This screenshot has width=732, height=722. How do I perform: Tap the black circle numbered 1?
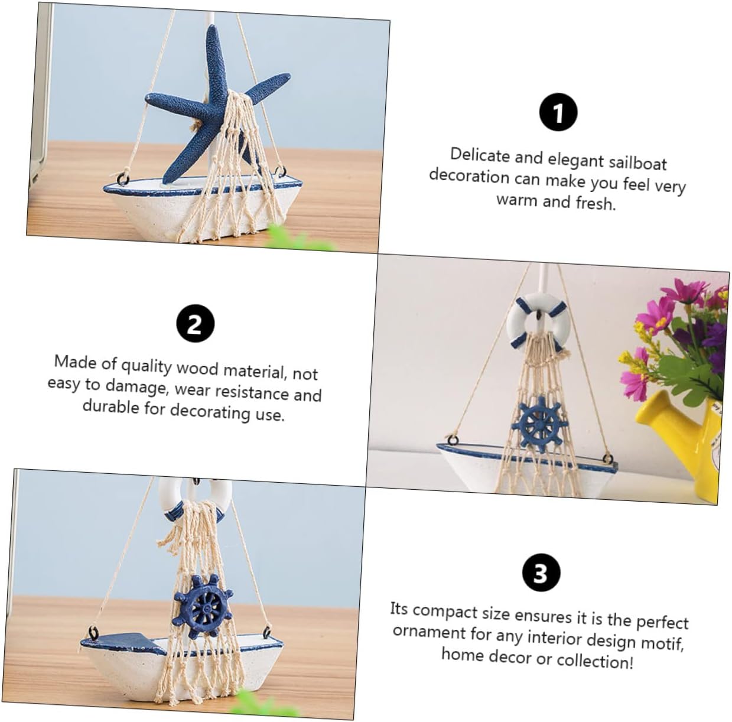click(558, 112)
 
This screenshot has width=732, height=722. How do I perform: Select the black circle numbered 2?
click(195, 324)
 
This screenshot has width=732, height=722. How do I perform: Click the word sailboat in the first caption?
click(637, 163)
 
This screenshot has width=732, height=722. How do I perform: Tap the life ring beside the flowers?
click(535, 322)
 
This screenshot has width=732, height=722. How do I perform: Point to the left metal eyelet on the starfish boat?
click(123, 178)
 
